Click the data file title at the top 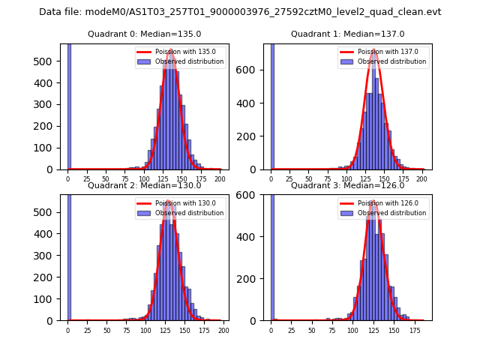click(240, 12)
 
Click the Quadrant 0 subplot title click(144, 34)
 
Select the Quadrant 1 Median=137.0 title click(347, 34)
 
